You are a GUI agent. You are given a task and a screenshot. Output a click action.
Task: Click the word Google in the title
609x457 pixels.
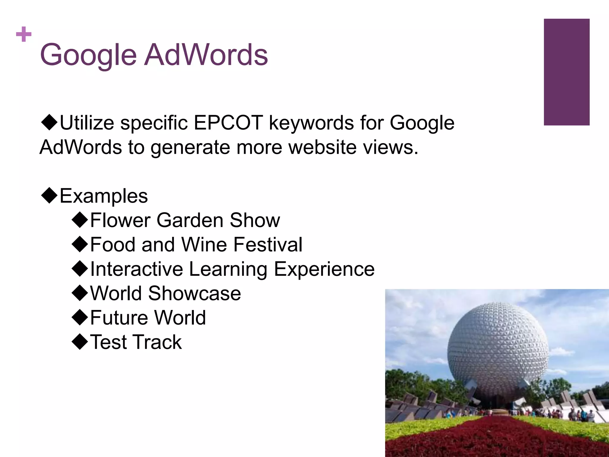pyautogui.click(x=88, y=55)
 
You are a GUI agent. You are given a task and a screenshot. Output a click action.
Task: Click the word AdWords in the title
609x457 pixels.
pyautogui.click(x=206, y=55)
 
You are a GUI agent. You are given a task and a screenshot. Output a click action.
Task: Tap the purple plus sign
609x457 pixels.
pyautogui.click(x=24, y=34)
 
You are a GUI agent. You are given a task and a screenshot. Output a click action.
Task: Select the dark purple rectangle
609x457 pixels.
pyautogui.click(x=566, y=72)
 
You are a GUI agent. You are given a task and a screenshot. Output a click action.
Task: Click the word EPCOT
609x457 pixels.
pyautogui.click(x=228, y=123)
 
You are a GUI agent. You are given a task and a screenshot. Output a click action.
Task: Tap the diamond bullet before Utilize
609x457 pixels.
pyautogui.click(x=49, y=122)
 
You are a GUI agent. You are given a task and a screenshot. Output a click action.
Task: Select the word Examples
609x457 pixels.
pyautogui.click(x=104, y=196)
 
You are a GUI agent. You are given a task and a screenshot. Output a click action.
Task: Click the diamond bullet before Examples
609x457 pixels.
pyautogui.click(x=49, y=195)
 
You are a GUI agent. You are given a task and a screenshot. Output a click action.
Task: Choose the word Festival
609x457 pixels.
pyautogui.click(x=268, y=245)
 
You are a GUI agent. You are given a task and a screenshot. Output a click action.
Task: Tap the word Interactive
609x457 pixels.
pyautogui.click(x=136, y=269)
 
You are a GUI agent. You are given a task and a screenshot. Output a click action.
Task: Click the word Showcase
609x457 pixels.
pyautogui.click(x=194, y=294)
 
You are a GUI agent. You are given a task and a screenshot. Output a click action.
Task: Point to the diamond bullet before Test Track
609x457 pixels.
pyautogui.click(x=80, y=342)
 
